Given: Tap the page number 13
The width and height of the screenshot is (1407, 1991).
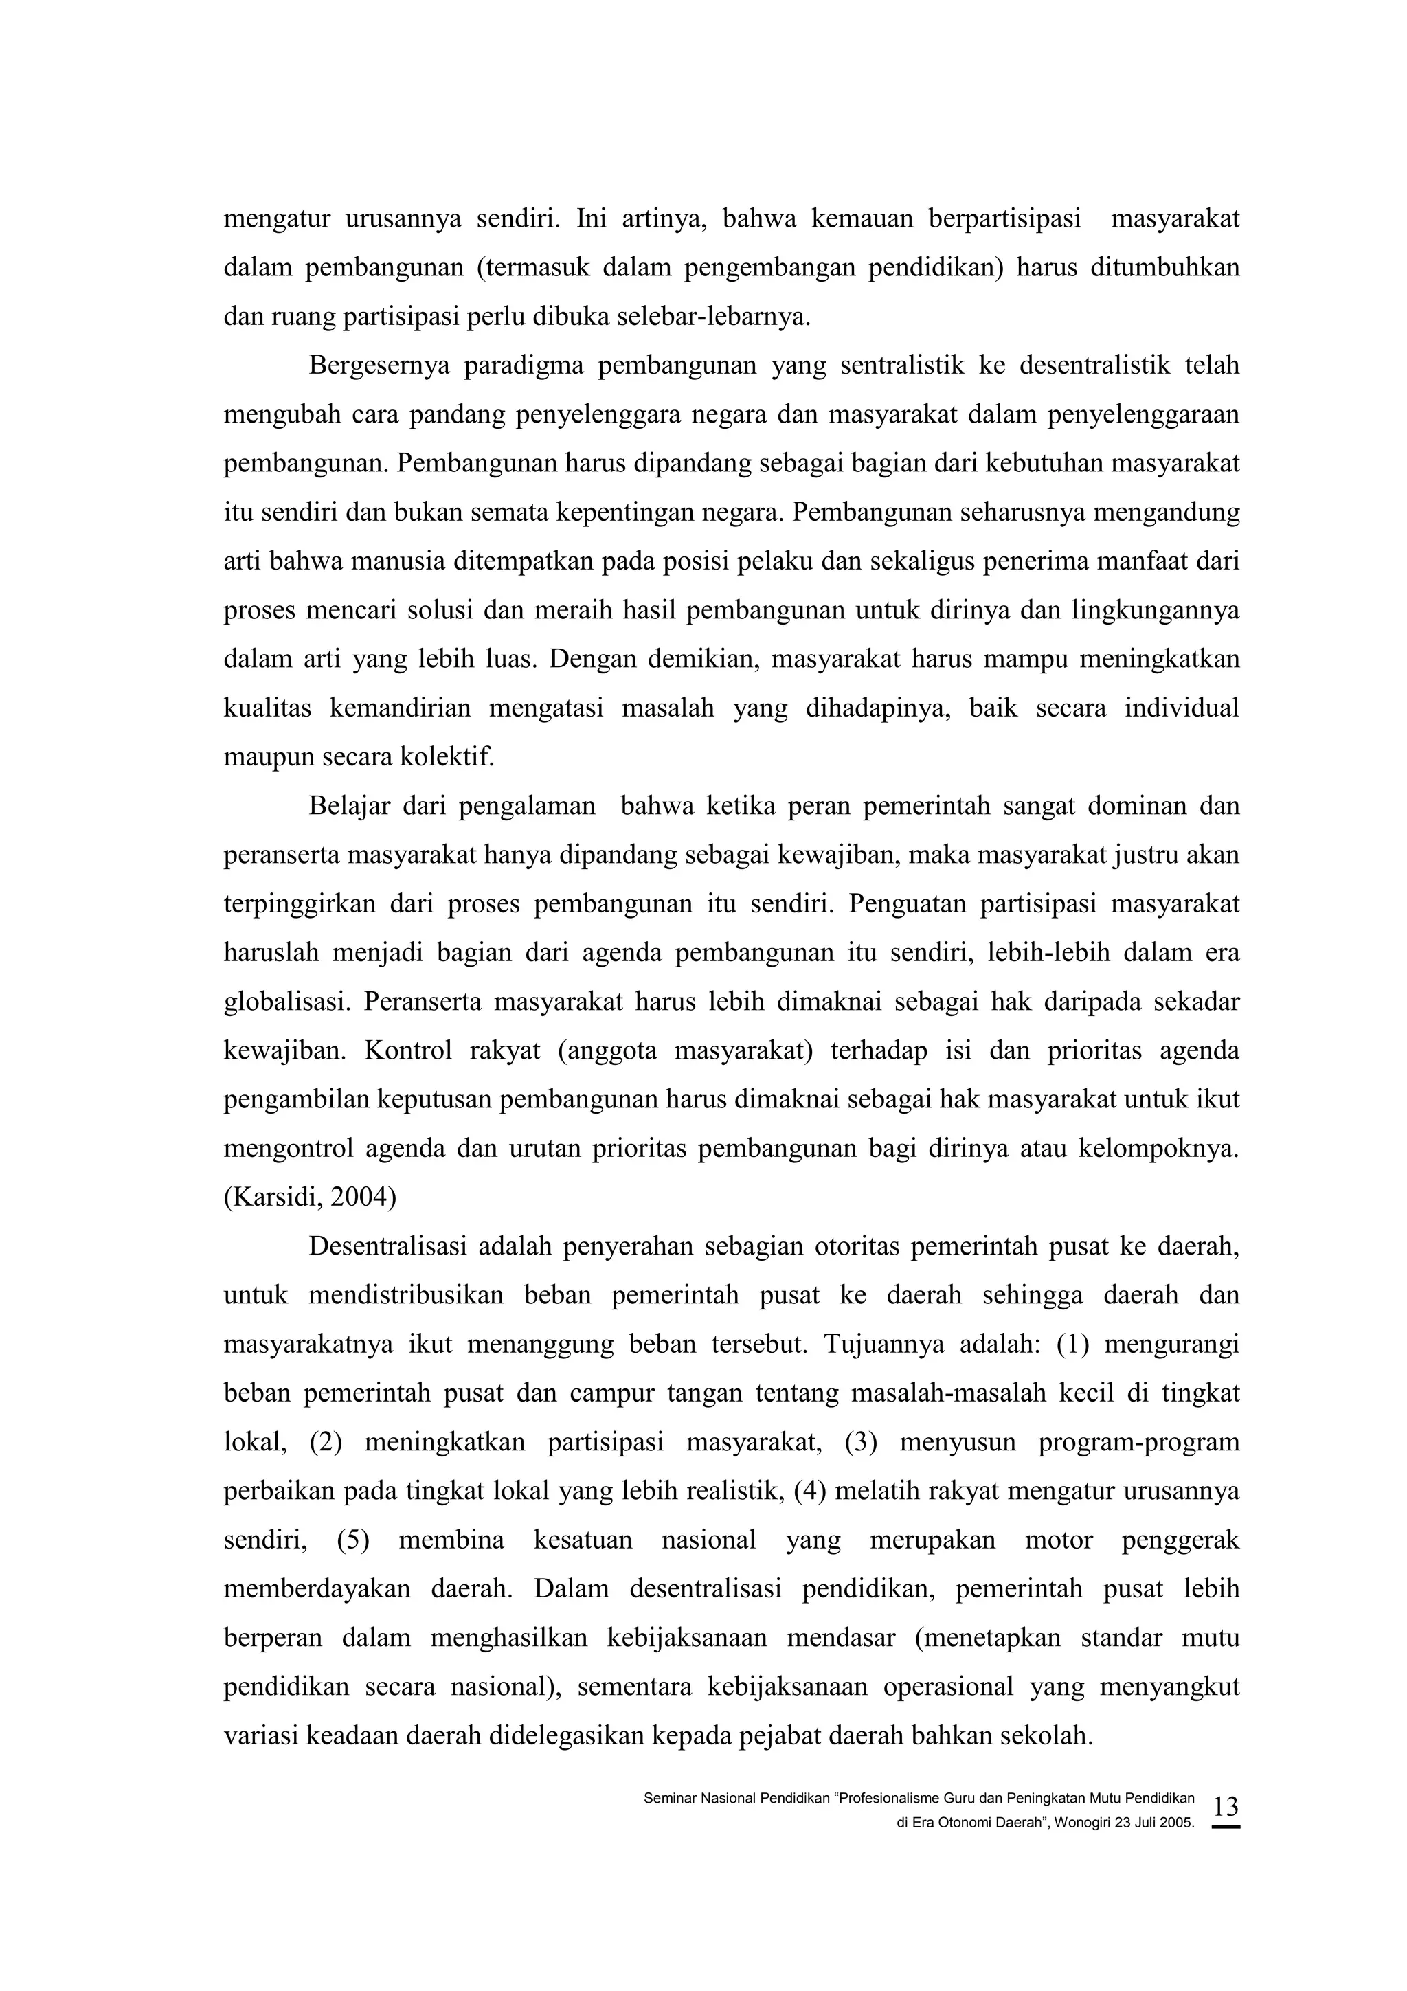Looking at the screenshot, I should click(1225, 1806).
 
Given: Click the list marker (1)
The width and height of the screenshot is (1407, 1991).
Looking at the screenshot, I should click(1070, 1345).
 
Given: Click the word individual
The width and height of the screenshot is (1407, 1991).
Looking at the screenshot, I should click(1182, 708).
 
